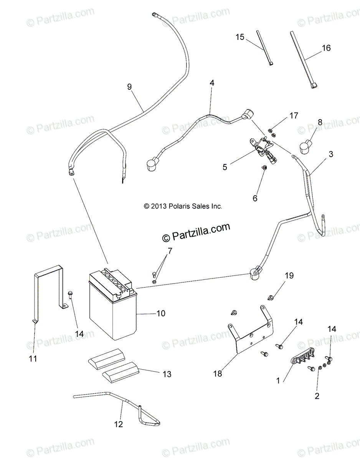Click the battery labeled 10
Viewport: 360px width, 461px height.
(113, 307)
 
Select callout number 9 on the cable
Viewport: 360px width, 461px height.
(129, 87)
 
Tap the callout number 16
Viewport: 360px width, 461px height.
(326, 48)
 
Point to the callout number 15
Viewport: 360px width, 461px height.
(240, 37)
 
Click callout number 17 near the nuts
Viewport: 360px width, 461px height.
(293, 115)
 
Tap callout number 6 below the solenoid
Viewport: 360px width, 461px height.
(255, 198)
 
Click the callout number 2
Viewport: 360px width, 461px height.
(317, 396)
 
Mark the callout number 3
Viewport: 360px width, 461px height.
(331, 154)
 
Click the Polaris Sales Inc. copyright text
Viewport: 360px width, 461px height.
(183, 206)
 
